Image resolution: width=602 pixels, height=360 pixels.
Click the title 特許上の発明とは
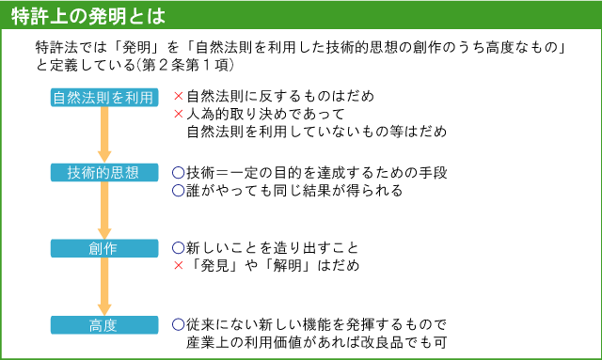click(86, 15)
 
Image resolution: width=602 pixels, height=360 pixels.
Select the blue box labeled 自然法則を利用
click(104, 97)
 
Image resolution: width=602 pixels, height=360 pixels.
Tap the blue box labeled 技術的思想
click(104, 172)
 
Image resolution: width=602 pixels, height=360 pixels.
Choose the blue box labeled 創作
click(104, 248)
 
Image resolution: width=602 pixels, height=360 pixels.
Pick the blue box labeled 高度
click(104, 325)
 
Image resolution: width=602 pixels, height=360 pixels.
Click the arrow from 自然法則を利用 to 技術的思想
click(104, 134)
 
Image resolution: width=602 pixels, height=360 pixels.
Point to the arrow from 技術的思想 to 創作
click(104, 211)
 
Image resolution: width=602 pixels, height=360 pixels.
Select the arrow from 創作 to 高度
click(104, 287)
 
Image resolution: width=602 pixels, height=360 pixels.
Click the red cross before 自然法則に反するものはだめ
click(178, 96)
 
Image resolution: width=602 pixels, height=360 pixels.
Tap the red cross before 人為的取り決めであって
click(178, 114)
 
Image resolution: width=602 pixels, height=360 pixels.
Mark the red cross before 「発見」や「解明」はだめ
click(178, 266)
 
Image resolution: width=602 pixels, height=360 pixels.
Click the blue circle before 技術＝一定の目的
click(178, 172)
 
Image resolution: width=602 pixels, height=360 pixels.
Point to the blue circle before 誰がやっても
click(178, 191)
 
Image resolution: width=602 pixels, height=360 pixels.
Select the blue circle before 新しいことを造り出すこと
click(178, 248)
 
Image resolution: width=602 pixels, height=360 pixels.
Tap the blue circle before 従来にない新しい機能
click(178, 323)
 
